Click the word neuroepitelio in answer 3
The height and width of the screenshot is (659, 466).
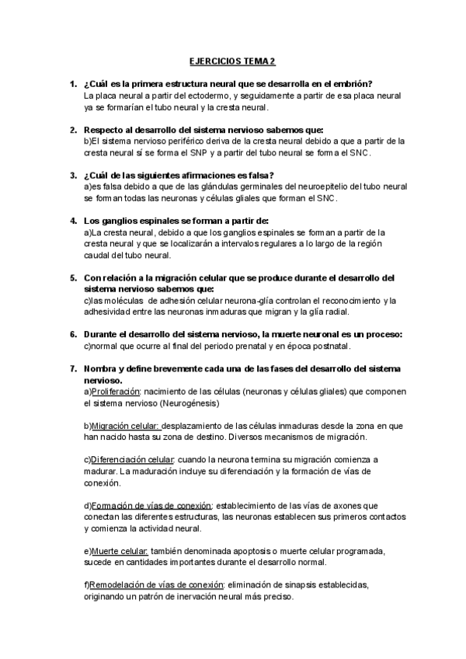click(x=308, y=187)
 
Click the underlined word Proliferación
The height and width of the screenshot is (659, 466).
click(x=115, y=392)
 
